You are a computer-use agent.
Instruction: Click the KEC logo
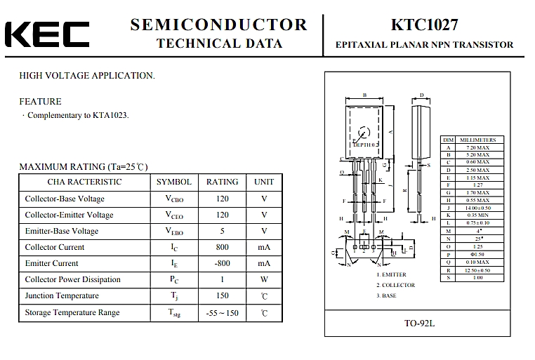[x=47, y=34]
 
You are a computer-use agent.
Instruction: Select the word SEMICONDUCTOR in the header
[x=219, y=25]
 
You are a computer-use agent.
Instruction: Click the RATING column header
[x=222, y=182]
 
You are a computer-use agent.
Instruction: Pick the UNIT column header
[x=264, y=182]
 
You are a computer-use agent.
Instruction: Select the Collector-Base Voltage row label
[x=65, y=199]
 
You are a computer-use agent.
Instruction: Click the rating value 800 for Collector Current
[x=222, y=247]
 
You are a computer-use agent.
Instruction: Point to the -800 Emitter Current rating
[x=222, y=263]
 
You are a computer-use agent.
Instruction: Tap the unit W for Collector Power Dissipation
[x=264, y=279]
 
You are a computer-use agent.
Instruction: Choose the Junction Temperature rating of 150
[x=222, y=296]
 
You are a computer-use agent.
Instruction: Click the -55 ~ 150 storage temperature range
[x=222, y=313]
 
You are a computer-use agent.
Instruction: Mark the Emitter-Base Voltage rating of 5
[x=222, y=231]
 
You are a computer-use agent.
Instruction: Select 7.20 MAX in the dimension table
[x=477, y=148]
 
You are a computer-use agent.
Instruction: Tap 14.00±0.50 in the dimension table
[x=477, y=208]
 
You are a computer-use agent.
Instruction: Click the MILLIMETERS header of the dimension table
[x=477, y=140]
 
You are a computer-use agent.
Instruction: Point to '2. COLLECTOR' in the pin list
[x=396, y=285]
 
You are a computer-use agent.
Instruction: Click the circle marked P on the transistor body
[x=364, y=132]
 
